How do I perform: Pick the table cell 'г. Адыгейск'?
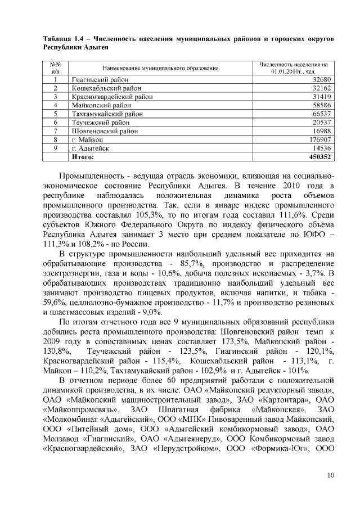[x=90, y=148]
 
